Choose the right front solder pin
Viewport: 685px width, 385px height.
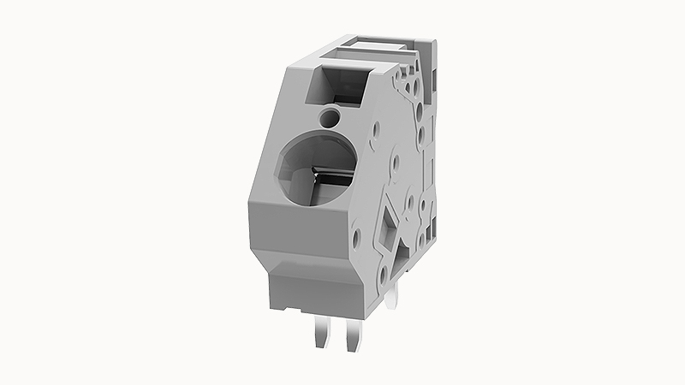point(352,339)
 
